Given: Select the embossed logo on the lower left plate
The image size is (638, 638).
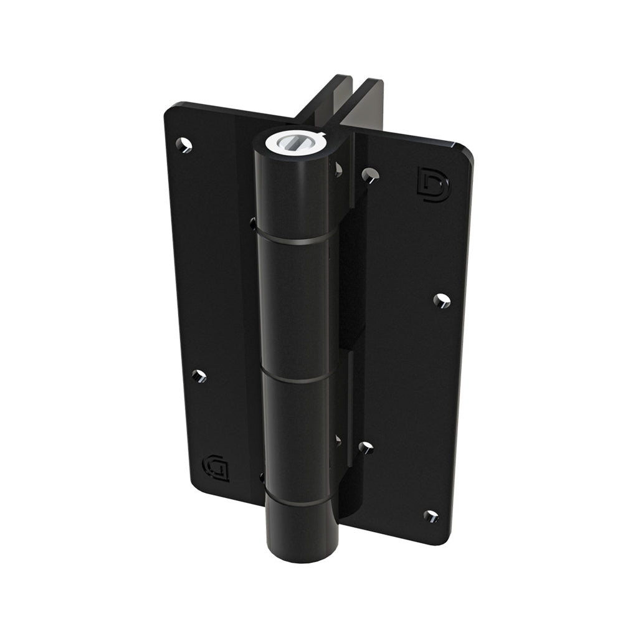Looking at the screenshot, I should pyautogui.click(x=216, y=468).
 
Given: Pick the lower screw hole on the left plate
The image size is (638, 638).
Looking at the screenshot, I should pyautogui.click(x=199, y=376).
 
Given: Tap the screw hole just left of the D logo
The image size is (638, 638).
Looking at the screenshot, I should pyautogui.click(x=370, y=175).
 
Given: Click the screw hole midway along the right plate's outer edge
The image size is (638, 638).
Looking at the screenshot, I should pyautogui.click(x=442, y=300).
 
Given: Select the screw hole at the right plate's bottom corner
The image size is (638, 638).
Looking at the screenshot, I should pyautogui.click(x=431, y=516).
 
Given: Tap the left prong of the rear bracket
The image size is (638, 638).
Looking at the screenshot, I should pyautogui.click(x=324, y=100).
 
